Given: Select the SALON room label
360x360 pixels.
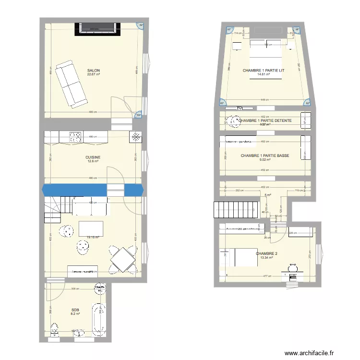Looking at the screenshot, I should click(x=93, y=70).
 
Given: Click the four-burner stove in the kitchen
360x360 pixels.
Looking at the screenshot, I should click(x=75, y=137).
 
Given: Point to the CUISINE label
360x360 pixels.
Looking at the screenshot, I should click(x=93, y=157).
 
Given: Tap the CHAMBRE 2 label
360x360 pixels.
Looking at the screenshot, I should click(x=266, y=253).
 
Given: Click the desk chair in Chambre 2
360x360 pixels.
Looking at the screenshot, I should click(x=293, y=267).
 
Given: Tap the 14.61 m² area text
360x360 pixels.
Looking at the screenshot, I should click(x=263, y=74).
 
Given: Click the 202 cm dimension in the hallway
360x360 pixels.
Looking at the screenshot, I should click(x=238, y=191).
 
